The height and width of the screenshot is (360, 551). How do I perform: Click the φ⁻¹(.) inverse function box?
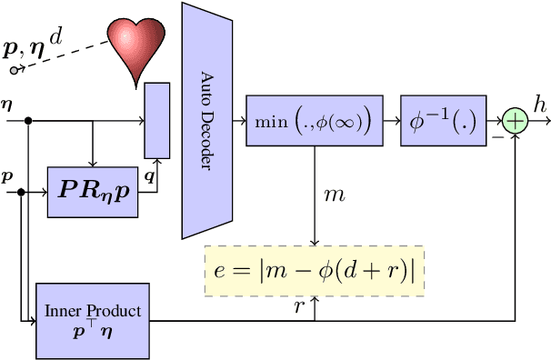pos(442,121)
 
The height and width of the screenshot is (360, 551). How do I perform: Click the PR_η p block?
pos(93,192)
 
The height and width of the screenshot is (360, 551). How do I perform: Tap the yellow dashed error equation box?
pos(314,271)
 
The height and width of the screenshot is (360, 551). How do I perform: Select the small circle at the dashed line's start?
pos(14,70)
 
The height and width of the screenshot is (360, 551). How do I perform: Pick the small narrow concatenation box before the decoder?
pos(156,121)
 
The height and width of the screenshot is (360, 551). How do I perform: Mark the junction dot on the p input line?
pos(21,193)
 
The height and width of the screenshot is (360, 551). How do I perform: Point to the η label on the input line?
pos(8,105)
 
